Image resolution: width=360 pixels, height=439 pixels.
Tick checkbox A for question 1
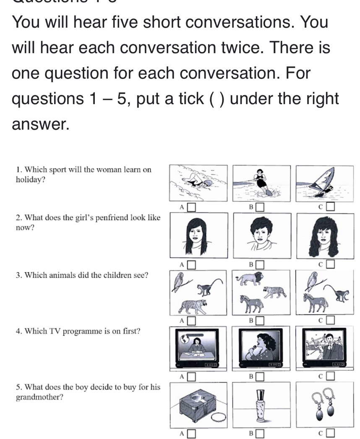click(191, 207)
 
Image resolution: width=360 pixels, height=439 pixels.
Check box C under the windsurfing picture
click(331, 206)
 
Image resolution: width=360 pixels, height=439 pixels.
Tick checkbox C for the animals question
click(331, 320)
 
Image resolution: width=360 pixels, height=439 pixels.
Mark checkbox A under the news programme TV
click(191, 376)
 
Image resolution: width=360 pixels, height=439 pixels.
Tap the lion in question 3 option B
click(250, 279)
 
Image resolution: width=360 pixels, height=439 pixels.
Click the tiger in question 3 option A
click(193, 306)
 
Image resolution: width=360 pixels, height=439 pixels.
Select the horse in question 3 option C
click(316, 302)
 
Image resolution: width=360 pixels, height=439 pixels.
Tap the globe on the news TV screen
click(185, 339)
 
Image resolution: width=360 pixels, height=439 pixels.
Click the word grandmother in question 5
click(39, 397)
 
